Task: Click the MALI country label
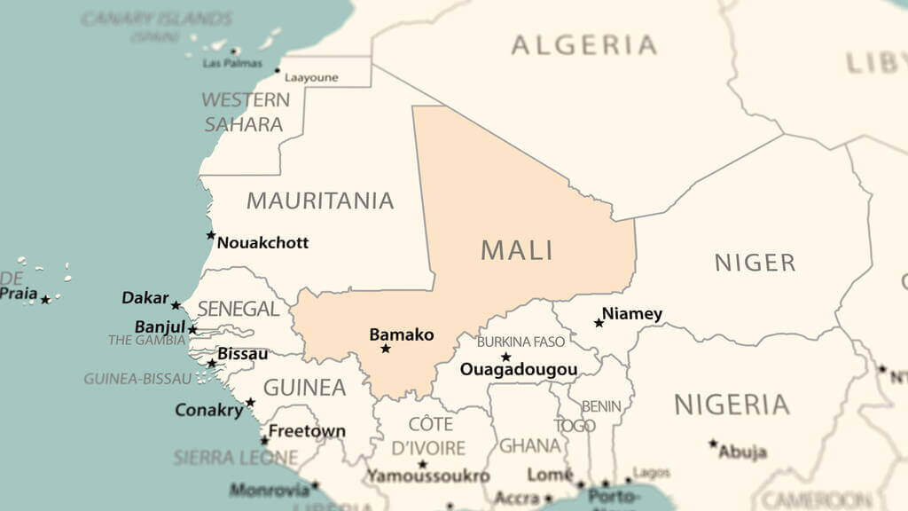(x=517, y=250)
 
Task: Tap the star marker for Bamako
(x=386, y=349)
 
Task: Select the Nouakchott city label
(x=262, y=242)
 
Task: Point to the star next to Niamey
(x=599, y=323)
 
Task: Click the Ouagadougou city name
(x=519, y=370)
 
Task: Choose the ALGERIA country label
(x=584, y=45)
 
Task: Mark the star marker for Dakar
(x=176, y=305)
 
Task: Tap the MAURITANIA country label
(x=320, y=200)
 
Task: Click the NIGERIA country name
(x=732, y=405)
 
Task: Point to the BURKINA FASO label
(x=521, y=342)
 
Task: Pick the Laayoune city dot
(x=278, y=70)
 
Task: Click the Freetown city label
(x=307, y=431)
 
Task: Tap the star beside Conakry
(x=250, y=402)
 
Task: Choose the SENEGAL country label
(x=239, y=309)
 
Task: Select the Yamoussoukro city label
(x=428, y=476)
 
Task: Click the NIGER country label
(x=755, y=263)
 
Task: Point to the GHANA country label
(x=529, y=445)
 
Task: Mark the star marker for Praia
(x=45, y=300)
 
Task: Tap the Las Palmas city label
(x=232, y=64)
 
